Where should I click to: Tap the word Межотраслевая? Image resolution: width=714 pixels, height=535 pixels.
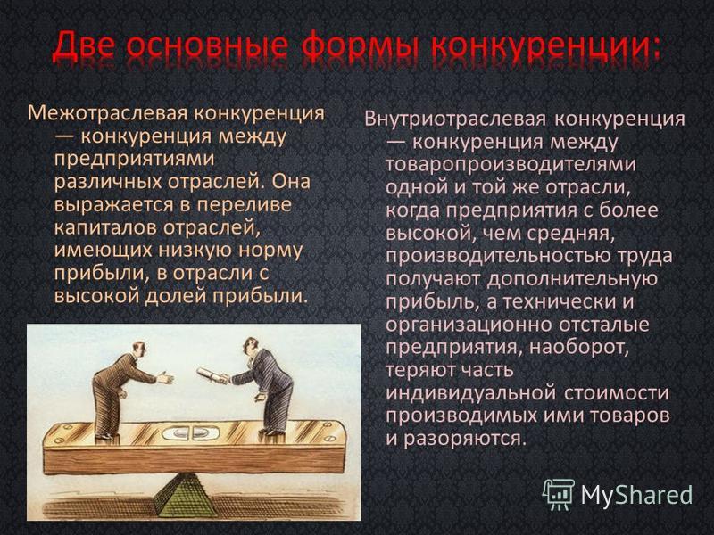107,113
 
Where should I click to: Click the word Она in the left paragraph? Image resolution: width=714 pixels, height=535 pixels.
292,181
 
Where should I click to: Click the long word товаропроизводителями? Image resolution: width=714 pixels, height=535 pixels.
511,165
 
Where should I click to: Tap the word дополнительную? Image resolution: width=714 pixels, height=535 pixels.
572,279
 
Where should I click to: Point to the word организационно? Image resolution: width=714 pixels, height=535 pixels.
469,325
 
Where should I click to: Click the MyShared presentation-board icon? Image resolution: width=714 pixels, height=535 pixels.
559,494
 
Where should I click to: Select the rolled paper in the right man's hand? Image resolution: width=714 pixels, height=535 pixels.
212,374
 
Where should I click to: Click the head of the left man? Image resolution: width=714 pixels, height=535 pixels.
139,349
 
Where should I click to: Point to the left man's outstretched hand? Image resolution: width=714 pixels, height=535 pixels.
165,376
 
